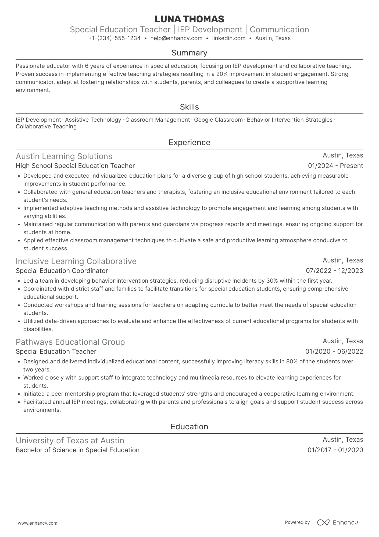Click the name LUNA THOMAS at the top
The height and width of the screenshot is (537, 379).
point(189,19)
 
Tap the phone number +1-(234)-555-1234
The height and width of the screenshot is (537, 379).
point(115,38)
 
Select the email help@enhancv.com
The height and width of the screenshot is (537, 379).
point(176,38)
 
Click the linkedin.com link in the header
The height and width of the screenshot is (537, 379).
point(229,38)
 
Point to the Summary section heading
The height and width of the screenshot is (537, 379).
point(189,53)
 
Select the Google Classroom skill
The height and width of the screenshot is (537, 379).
point(218,120)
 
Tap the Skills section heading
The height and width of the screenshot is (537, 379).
point(189,107)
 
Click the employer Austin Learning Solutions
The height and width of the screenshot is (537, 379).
point(64,156)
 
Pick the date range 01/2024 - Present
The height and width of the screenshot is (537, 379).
point(335,166)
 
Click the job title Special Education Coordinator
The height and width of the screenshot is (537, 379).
point(62,271)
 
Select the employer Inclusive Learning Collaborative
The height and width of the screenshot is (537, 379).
point(76,261)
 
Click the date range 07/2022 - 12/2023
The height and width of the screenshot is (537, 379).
point(334,271)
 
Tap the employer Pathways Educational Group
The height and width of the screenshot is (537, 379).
point(70,342)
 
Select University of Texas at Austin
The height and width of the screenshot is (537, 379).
point(70,441)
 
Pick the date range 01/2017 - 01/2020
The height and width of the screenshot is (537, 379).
point(335,450)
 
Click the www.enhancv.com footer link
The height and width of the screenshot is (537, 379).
point(38,523)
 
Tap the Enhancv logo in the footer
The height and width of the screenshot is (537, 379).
point(338,522)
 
